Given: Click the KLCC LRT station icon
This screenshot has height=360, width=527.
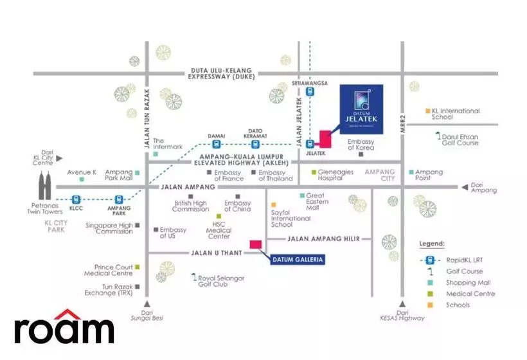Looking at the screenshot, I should coord(76,199).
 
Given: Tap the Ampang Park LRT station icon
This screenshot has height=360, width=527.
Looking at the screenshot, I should coord(119,199).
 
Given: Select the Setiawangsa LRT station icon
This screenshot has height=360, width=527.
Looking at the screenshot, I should coord(310,92).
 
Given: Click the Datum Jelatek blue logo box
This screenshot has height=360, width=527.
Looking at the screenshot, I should coord(361,109).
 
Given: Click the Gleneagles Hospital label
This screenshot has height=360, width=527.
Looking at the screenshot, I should coord(337,175).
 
